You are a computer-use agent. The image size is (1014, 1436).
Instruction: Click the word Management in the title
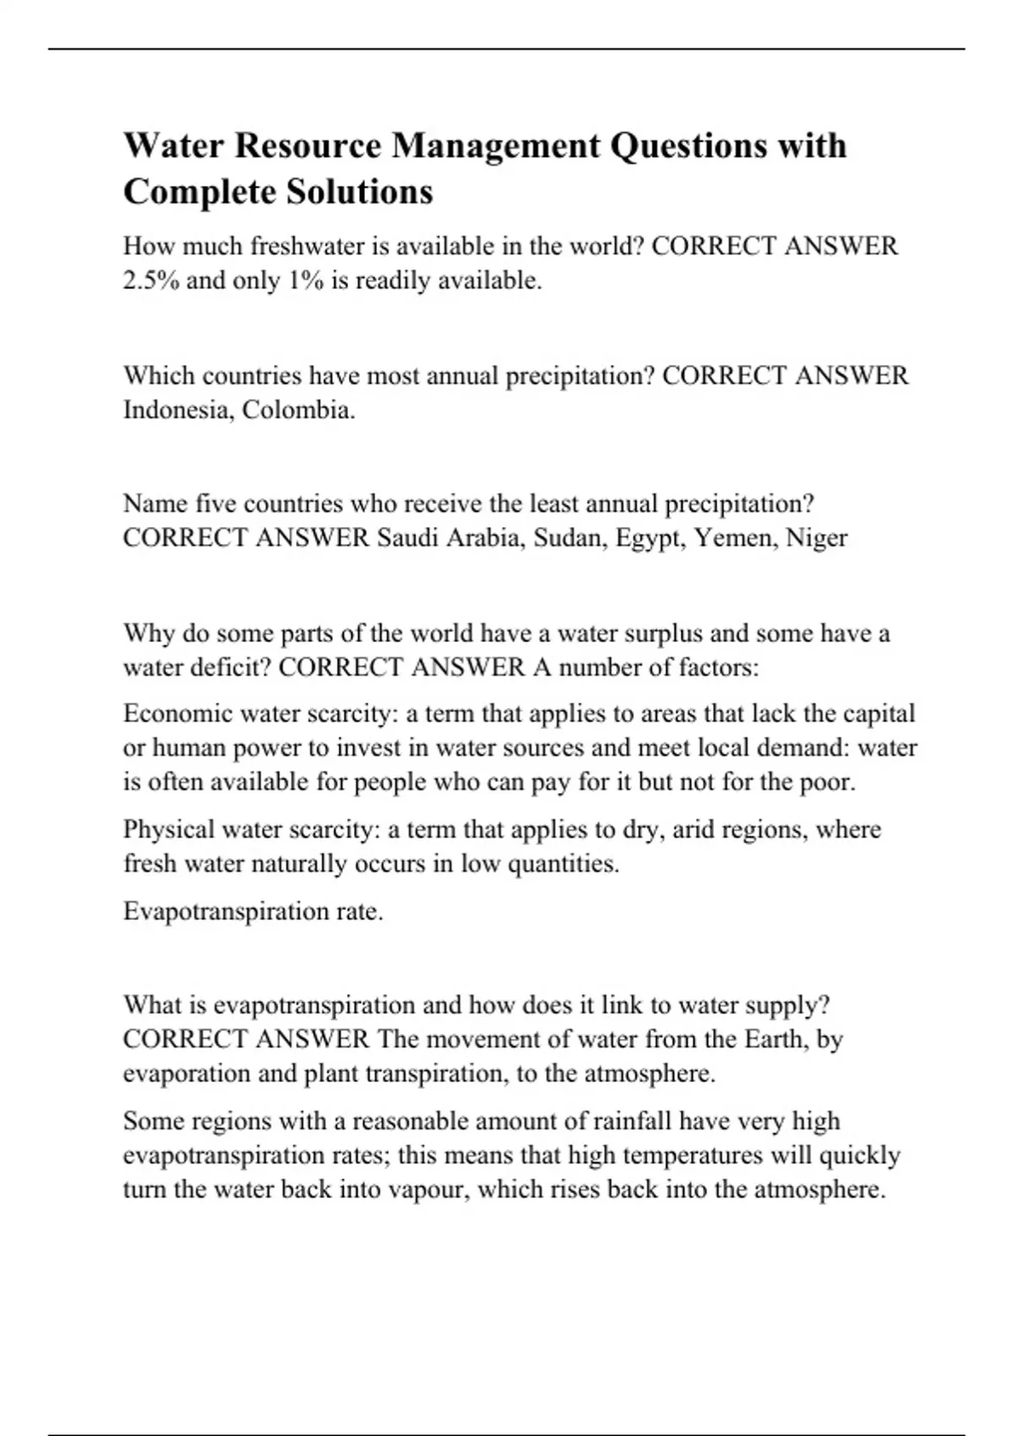[x=496, y=146]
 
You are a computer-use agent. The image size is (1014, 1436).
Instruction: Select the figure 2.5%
[x=151, y=280]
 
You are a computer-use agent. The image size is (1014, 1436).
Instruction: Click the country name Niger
[x=816, y=538]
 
